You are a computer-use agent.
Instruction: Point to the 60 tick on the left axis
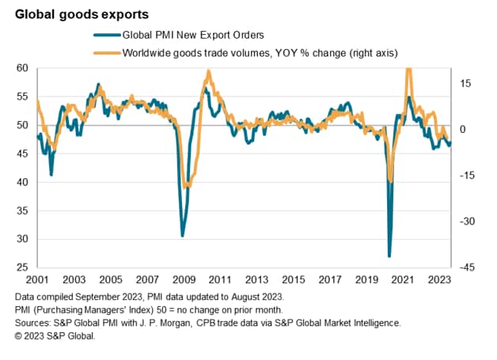pyautogui.click(x=24, y=68)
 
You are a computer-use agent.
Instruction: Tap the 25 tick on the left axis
pyautogui.click(x=24, y=267)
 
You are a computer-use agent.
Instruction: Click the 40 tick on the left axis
pyautogui.click(x=24, y=182)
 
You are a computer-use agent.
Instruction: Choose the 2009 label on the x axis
pyautogui.click(x=184, y=279)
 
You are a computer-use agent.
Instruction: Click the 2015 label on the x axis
pyautogui.click(x=294, y=279)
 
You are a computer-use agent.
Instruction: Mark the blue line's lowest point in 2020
pyautogui.click(x=389, y=256)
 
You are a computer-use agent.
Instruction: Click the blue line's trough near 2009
pyautogui.click(x=182, y=236)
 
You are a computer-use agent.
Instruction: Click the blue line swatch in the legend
pyautogui.click(x=104, y=36)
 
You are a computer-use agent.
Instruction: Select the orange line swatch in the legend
pyautogui.click(x=104, y=52)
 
